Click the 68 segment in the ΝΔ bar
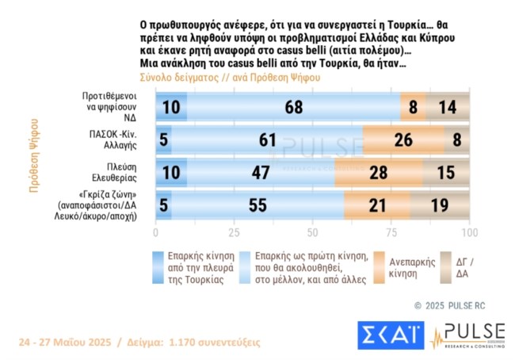293,105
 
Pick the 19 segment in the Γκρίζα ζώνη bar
441,206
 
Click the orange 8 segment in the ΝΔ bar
413,105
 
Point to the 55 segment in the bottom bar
257,206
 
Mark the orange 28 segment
379,173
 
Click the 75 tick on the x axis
391,233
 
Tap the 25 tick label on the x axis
234,233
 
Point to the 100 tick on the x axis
469,233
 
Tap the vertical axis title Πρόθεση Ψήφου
34,155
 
